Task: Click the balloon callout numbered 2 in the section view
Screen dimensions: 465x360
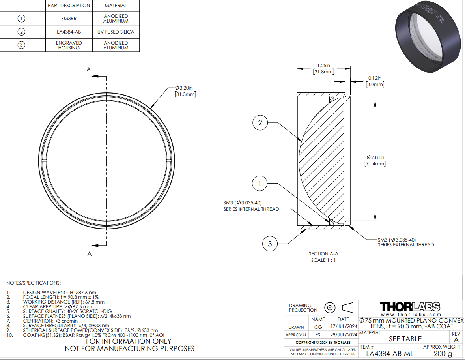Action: click(260, 123)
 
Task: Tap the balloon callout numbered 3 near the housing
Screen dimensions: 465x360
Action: click(270, 244)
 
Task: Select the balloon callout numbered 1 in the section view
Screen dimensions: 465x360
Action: click(260, 184)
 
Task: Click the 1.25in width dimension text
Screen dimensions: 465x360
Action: click(323, 65)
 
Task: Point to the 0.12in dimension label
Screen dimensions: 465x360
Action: click(375, 78)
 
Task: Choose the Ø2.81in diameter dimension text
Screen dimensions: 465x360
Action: click(375, 157)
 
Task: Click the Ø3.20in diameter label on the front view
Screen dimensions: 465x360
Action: click(184, 88)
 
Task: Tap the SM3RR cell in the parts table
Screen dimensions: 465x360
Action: click(69, 19)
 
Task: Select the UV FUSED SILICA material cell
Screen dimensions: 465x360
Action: click(116, 32)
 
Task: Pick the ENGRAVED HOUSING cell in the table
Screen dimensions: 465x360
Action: click(69, 45)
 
